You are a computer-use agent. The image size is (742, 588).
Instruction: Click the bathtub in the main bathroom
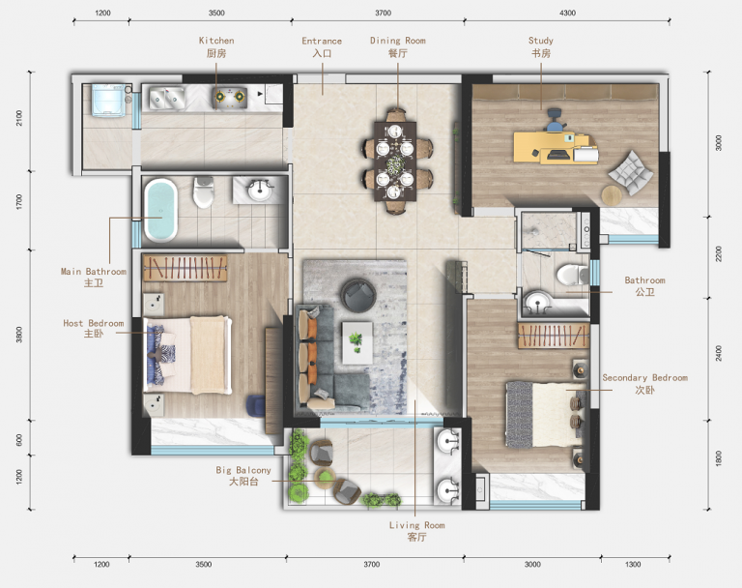point(161,210)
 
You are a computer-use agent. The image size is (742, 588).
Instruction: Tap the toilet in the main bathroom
point(204,191)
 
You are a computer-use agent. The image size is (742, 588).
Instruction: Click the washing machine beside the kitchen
point(109,100)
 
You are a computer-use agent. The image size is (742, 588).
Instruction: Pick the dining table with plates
point(394,162)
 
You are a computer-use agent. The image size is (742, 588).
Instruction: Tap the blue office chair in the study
point(556,120)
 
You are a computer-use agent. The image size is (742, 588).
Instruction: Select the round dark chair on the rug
point(358,295)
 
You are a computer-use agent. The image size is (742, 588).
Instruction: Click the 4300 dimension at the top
point(567,13)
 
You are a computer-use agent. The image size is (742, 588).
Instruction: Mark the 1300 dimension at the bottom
point(633,565)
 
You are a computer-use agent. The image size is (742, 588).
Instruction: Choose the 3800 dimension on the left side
point(19,335)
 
